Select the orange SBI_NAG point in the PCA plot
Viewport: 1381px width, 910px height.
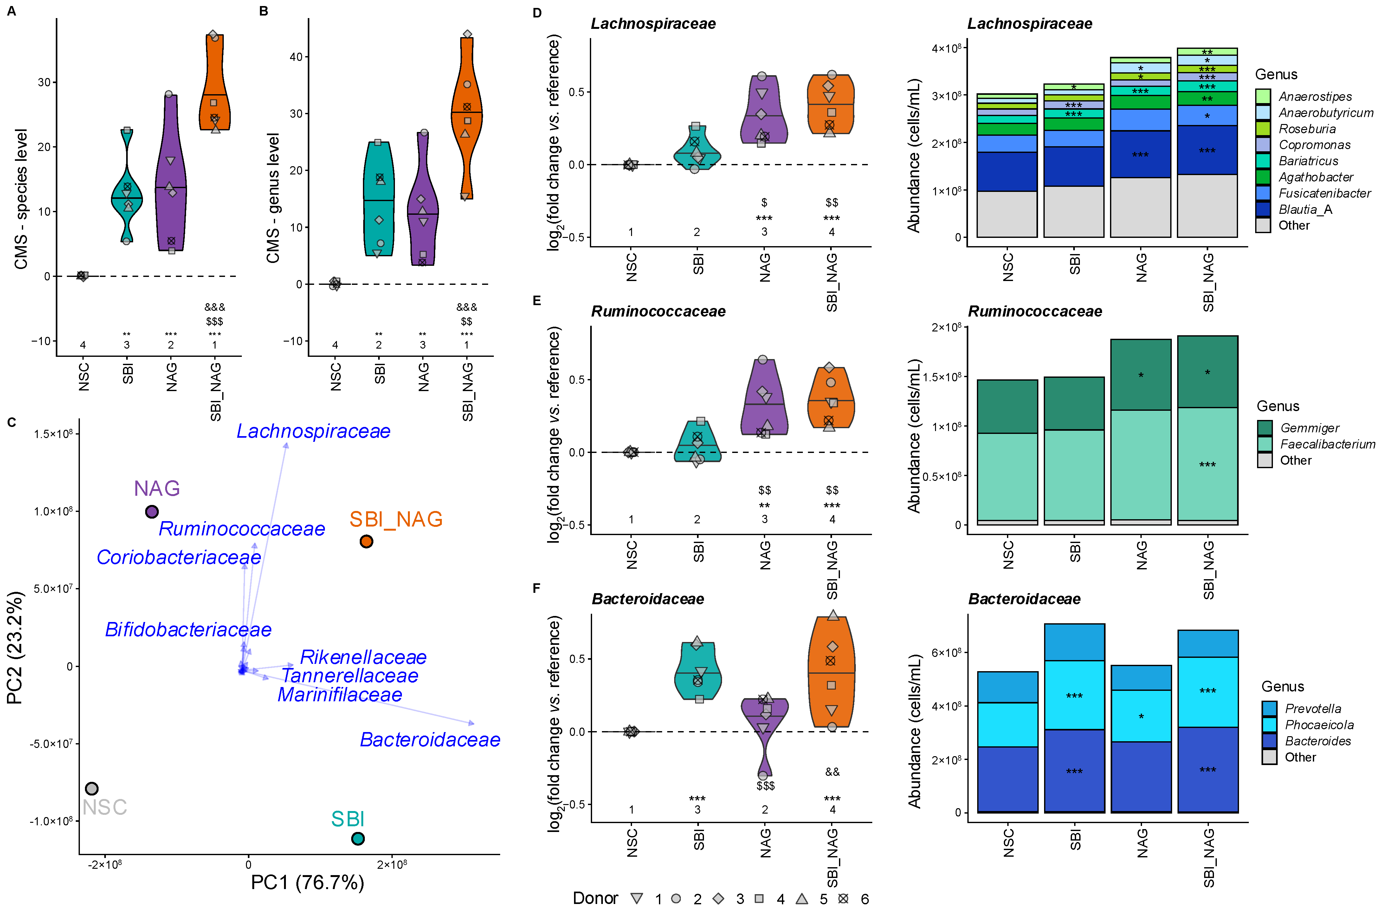point(366,541)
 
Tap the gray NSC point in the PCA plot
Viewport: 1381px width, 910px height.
point(92,788)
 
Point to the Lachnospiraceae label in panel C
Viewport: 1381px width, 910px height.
point(313,431)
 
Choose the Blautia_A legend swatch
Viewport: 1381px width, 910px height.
point(1263,209)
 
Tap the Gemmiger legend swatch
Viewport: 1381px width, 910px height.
point(1265,428)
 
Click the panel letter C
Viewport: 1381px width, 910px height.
point(12,422)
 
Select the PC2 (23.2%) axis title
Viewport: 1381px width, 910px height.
point(15,647)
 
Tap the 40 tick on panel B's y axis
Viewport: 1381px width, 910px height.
point(296,57)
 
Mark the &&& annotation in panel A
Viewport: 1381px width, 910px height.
point(215,307)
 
